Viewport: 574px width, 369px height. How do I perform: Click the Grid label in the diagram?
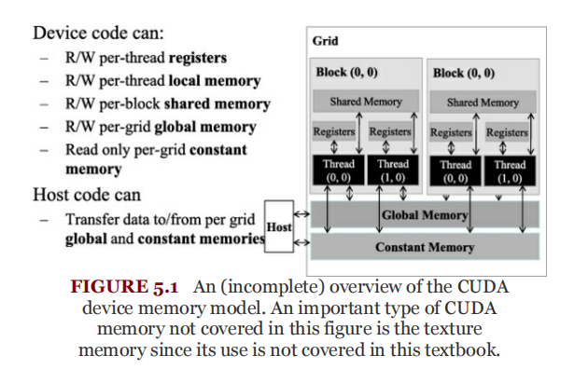pos(325,41)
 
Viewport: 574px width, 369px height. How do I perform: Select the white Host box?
pos(279,226)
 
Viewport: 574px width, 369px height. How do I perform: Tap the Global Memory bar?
pos(425,214)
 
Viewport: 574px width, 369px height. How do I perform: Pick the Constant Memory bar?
pos(425,247)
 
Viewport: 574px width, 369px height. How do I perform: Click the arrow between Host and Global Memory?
pos(302,214)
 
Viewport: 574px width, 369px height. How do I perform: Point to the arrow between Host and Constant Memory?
pos(302,242)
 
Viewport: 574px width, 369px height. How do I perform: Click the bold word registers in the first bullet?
pos(198,58)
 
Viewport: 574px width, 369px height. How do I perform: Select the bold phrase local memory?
pos(215,81)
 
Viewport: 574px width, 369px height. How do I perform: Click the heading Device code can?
pos(98,34)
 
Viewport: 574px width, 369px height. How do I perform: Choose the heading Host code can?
pos(87,195)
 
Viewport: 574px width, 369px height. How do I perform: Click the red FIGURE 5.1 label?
pos(124,286)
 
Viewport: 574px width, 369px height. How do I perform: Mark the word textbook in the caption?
pos(462,349)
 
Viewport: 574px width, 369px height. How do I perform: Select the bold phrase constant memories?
pos(202,239)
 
